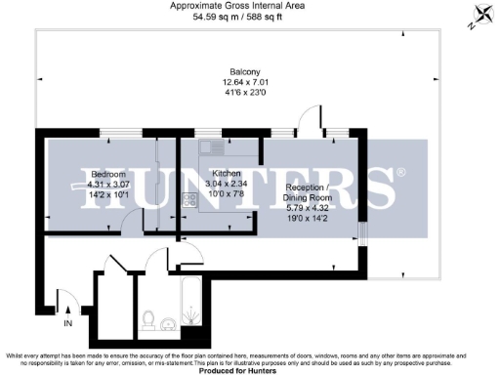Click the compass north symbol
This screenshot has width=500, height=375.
(481, 15)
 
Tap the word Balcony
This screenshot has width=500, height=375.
(244, 72)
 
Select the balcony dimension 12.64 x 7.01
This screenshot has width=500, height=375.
(244, 83)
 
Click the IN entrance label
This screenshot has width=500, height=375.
(68, 323)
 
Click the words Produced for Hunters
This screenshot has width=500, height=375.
(237, 370)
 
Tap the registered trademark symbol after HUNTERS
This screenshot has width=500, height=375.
(399, 173)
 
